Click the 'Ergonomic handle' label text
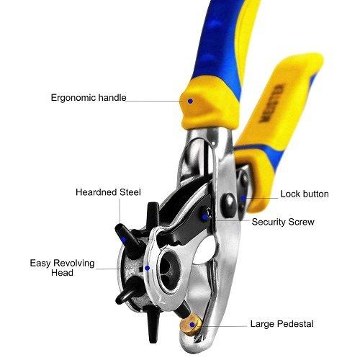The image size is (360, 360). click(x=89, y=98)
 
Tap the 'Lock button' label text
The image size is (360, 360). click(x=305, y=194)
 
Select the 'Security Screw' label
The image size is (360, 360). click(x=283, y=222)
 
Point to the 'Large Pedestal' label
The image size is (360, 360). click(x=282, y=324)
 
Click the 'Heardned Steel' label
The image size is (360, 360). click(x=108, y=192)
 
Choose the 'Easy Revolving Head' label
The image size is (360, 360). click(x=62, y=268)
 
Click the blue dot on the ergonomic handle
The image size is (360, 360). click(x=190, y=101)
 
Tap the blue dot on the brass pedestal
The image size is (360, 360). click(x=192, y=325)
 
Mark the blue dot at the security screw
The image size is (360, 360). click(x=204, y=217)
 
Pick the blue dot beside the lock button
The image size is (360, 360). click(x=243, y=198)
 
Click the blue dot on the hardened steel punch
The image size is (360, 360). click(x=124, y=239)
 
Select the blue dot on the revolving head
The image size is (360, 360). click(x=148, y=268)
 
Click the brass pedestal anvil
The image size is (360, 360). click(x=192, y=325)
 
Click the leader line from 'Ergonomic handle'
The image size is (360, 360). click(x=153, y=101)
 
